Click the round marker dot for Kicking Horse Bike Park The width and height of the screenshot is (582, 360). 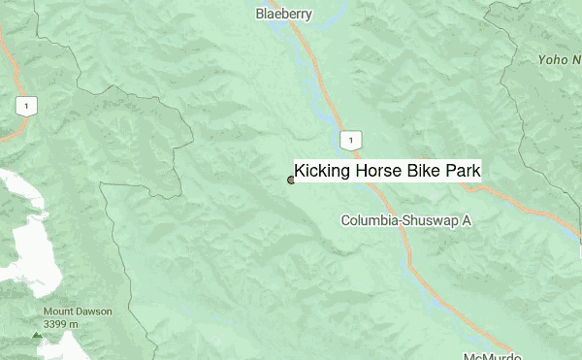coord(291,180)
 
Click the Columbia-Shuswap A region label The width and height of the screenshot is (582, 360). coord(405,221)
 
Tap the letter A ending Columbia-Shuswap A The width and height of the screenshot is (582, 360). coord(466,221)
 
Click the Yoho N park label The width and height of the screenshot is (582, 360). coord(560,59)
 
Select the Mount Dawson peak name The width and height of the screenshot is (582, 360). coord(77,311)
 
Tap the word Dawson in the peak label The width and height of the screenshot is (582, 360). coord(94,311)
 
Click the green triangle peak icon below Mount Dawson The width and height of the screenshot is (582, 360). coord(37,335)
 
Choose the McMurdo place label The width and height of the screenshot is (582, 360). coord(489,355)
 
